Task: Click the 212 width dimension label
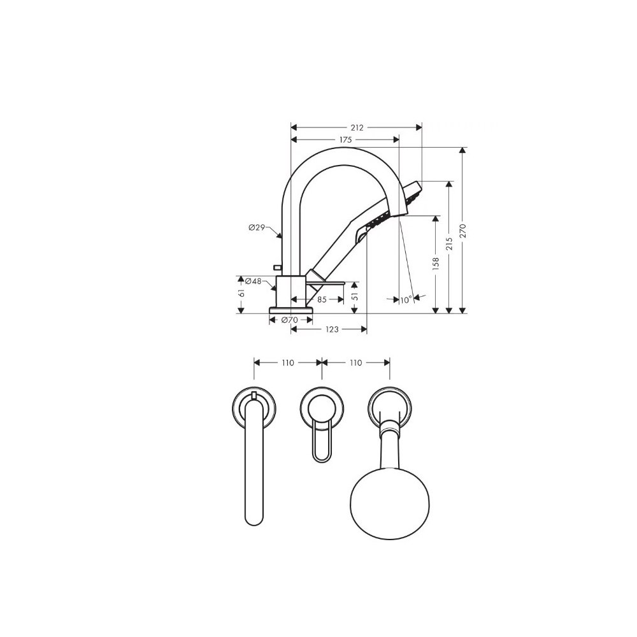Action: tap(357, 127)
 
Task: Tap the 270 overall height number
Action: tap(463, 231)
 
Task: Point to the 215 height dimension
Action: tap(449, 244)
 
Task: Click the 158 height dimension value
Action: tap(436, 264)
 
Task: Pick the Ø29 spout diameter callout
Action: tap(257, 227)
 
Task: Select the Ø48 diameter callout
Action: tap(253, 281)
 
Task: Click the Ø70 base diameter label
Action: tap(290, 320)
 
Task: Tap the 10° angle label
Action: tap(406, 300)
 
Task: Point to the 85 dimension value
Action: tap(322, 300)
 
